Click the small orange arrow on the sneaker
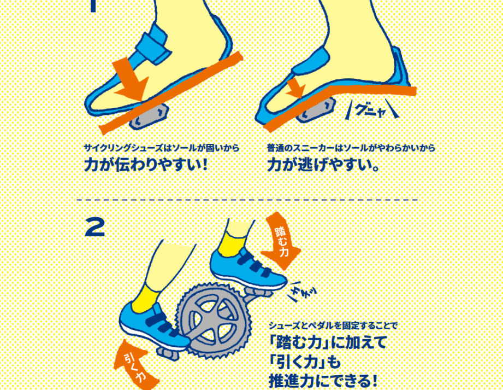click(295, 88)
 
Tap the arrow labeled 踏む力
click(280, 241)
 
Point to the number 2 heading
click(94, 227)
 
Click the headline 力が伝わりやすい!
click(146, 165)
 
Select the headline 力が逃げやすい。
click(323, 165)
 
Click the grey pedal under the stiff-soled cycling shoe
click(149, 117)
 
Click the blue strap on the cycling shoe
click(153, 44)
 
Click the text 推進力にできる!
click(323, 381)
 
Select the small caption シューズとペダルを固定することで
click(333, 326)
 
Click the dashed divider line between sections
click(247, 200)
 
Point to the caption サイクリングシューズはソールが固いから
click(162, 148)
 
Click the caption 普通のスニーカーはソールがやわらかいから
click(351, 148)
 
